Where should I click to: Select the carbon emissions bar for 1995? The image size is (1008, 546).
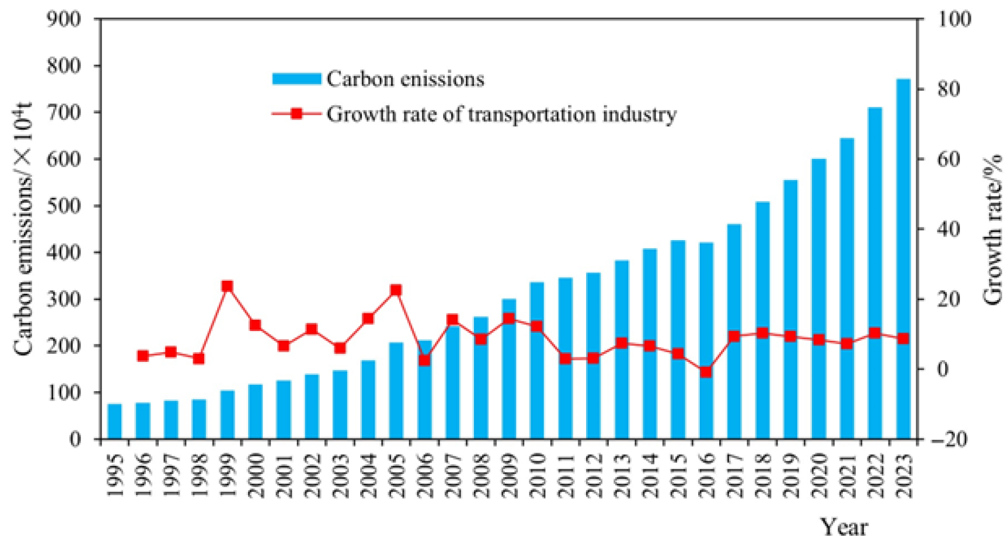tap(114, 421)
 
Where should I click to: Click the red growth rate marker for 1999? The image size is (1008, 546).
tap(227, 286)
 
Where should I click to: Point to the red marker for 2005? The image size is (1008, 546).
tap(396, 290)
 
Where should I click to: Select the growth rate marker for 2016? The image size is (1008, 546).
tap(706, 372)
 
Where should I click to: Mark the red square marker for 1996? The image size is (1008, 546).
tap(143, 356)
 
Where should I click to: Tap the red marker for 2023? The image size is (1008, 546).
tap(903, 338)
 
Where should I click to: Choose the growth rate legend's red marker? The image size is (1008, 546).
tap(297, 114)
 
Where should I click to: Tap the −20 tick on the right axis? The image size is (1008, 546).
tap(950, 439)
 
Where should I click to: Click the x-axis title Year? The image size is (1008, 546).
tap(844, 527)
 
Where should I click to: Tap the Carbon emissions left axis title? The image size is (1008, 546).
tap(23, 229)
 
